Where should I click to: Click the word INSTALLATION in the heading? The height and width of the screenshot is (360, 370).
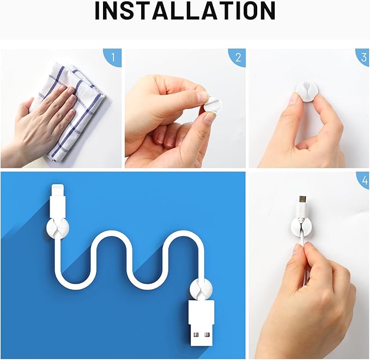tap(185, 11)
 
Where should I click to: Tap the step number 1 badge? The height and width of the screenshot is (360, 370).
tap(113, 57)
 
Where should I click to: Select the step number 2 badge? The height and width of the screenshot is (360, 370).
tap(237, 57)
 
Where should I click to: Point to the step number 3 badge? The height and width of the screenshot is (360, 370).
tap(361, 57)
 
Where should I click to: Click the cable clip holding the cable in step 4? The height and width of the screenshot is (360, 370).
tap(302, 226)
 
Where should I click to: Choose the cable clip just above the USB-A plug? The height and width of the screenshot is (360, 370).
tap(199, 288)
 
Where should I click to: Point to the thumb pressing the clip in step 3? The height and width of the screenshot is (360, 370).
tap(294, 101)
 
